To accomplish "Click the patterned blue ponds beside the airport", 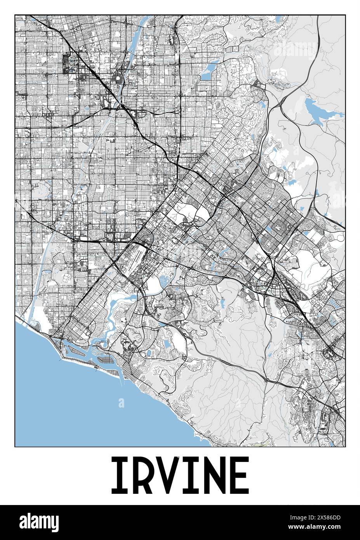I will point(165,279).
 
